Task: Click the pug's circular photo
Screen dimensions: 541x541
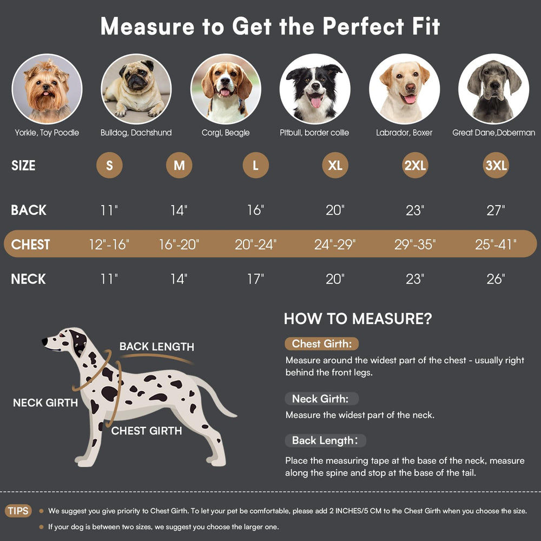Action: [x=136, y=89]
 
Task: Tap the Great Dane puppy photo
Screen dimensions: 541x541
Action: [x=493, y=89]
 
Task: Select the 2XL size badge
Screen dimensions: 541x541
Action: [x=415, y=165]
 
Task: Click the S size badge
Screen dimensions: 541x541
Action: [x=109, y=165]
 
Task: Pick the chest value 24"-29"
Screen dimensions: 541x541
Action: [x=335, y=245]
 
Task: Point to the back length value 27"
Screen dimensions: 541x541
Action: [x=496, y=210]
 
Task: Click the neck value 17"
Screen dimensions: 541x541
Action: [x=256, y=279]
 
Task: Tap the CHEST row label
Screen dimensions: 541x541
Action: [x=30, y=245]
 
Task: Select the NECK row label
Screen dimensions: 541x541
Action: [x=28, y=279]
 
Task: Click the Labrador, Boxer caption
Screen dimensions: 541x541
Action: [x=404, y=133]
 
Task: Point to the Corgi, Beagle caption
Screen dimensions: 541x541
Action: [x=226, y=133]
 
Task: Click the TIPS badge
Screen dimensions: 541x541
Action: [x=18, y=511]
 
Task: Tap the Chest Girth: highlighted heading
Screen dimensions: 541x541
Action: [x=321, y=344]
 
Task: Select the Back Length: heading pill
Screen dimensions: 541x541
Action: [x=325, y=440]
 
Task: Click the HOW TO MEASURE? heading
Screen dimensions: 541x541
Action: [x=358, y=319]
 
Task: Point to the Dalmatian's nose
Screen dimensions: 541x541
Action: [x=44, y=341]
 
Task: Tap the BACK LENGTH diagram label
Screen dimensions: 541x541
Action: [x=157, y=346]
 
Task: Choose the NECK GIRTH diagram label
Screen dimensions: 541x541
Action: [x=45, y=403]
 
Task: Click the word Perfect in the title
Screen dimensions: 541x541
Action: [x=364, y=26]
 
